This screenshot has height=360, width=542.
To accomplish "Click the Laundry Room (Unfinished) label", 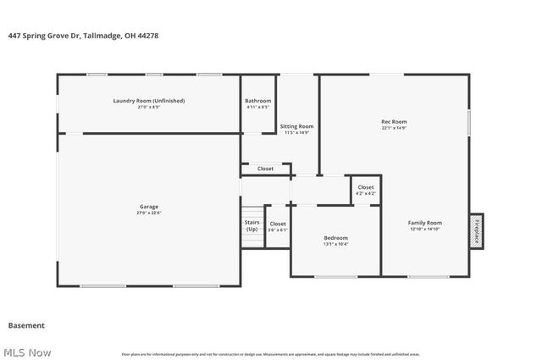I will [x=149, y=101].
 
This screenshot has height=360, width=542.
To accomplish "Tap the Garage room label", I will [x=149, y=207].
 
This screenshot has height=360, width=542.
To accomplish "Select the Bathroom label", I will [x=258, y=101].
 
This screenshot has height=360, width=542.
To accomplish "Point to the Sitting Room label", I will [x=296, y=126].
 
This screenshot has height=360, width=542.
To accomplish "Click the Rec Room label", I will [x=394, y=121].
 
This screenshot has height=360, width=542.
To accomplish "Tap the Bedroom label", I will [x=335, y=238].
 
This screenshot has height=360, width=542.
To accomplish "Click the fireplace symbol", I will [x=477, y=230].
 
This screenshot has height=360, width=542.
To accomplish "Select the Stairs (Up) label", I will [x=252, y=225].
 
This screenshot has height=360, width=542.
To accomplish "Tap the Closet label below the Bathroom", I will [x=265, y=169].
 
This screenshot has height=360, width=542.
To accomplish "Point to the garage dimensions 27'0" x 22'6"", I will [x=149, y=213].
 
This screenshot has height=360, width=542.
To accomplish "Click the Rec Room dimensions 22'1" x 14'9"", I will [x=394, y=128].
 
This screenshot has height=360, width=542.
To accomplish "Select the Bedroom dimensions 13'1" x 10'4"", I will [x=335, y=244].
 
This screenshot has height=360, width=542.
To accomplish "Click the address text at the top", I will [x=83, y=36].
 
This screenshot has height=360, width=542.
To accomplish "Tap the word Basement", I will [x=26, y=325].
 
